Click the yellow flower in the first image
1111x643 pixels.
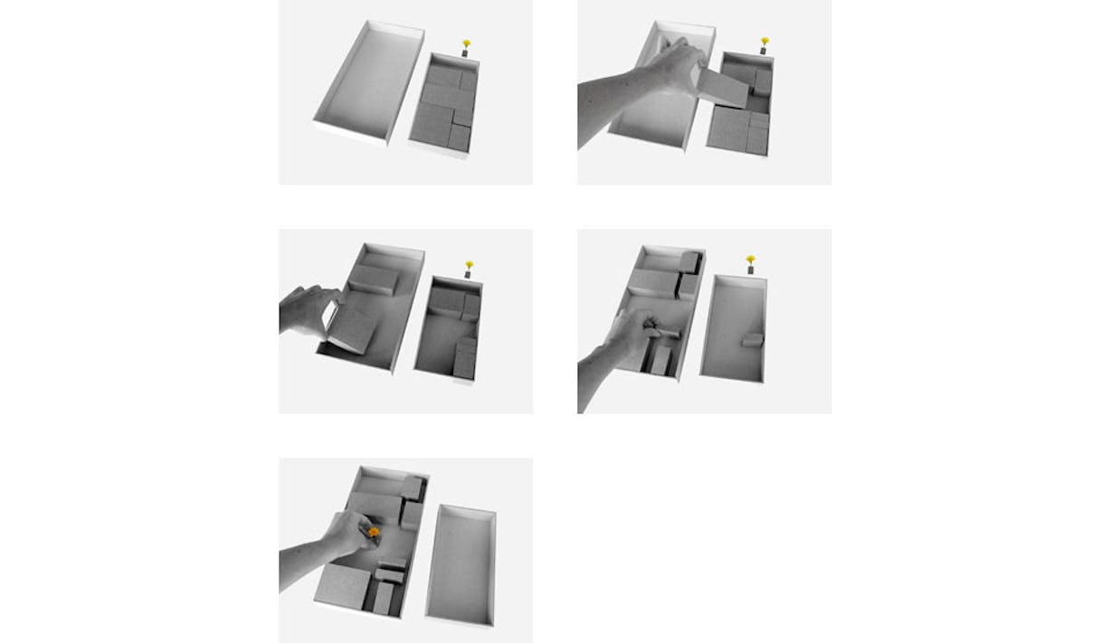point(467,43)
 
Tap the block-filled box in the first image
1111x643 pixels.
point(444,105)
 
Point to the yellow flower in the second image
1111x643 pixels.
point(764,42)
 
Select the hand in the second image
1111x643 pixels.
point(665,72)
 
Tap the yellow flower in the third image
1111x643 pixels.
point(469,265)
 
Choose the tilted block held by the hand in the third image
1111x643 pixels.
point(352,330)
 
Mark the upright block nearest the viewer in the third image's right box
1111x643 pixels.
point(464,358)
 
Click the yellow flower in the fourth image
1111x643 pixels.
point(750,260)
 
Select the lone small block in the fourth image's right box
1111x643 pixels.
point(752,340)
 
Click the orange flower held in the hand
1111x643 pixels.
point(373,533)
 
